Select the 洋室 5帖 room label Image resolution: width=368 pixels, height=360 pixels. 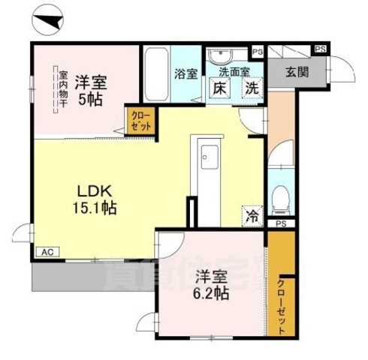pyautogui.click(x=90, y=89)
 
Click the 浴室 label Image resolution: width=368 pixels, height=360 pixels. pyautogui.click(x=186, y=73)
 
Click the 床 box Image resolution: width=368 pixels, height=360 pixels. pyautogui.click(x=220, y=88)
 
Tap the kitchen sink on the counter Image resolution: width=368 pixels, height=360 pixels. pyautogui.click(x=208, y=159)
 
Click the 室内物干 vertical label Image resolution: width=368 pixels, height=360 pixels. pyautogui.click(x=63, y=91)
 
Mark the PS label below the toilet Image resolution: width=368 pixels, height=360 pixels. pyautogui.click(x=281, y=223)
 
